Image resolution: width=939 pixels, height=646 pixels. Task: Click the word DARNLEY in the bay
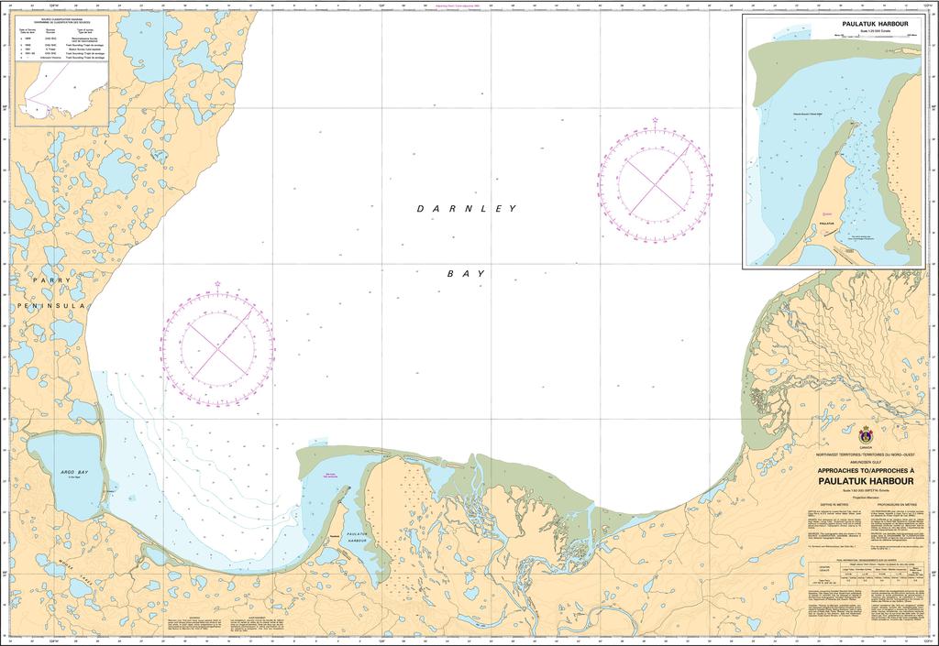tap(467, 209)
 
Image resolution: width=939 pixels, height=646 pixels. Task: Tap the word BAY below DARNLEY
tap(466, 274)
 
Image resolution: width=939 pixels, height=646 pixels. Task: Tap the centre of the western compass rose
tap(216, 346)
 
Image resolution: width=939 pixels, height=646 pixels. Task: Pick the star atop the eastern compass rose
tap(655, 120)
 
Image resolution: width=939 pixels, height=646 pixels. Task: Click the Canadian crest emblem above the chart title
tap(865, 433)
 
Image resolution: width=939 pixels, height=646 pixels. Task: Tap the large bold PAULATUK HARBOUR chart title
tap(865, 478)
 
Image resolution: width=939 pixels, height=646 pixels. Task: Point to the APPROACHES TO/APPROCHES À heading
tap(865, 468)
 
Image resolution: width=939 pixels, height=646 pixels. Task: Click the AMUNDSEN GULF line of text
tap(865, 461)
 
